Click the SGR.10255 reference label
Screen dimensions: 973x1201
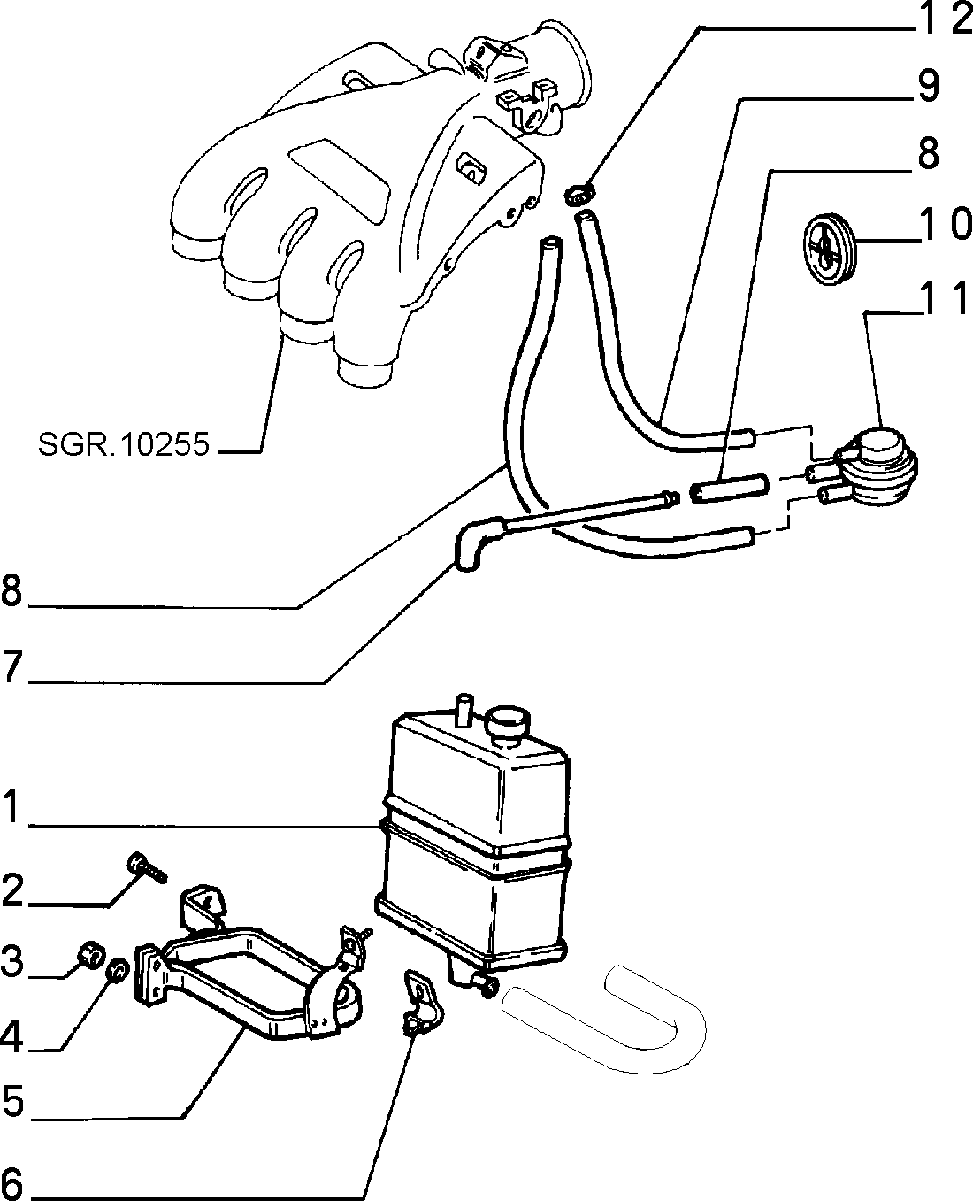(123, 444)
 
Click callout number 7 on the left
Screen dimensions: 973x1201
(11, 667)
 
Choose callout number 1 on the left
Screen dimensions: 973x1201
(11, 807)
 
